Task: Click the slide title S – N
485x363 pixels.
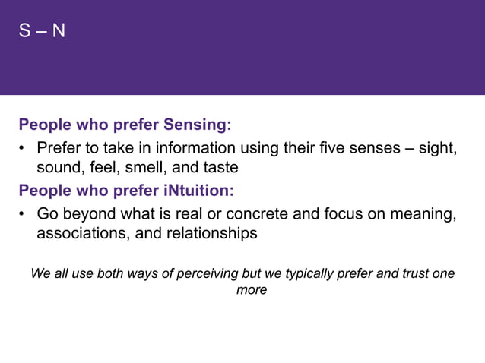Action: [42, 32]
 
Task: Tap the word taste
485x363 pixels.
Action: [220, 167]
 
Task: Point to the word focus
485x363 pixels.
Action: [342, 213]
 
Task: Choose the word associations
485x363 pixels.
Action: [81, 234]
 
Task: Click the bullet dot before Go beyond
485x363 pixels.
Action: [24, 213]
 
